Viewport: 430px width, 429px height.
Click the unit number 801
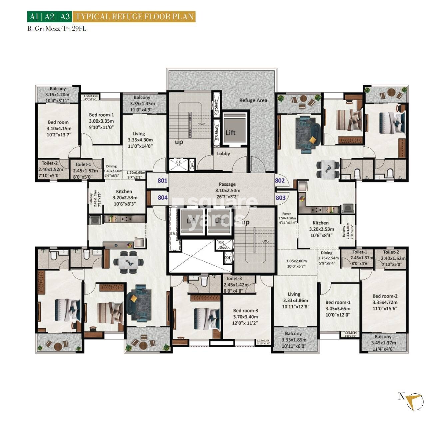point(162,181)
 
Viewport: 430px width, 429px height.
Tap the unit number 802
point(280,181)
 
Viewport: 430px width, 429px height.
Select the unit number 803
point(280,198)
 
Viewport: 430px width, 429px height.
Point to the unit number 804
point(163,198)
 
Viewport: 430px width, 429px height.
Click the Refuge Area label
point(253,100)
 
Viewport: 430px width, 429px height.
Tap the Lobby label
point(223,154)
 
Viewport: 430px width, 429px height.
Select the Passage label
point(227,184)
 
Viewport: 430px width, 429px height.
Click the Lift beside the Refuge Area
point(230,132)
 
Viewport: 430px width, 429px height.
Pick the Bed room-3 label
point(245,311)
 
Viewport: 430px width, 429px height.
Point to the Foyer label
point(286,214)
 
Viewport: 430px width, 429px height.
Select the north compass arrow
point(415,401)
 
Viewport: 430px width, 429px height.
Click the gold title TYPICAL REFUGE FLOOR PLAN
point(134,17)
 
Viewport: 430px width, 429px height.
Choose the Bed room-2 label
point(385,296)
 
